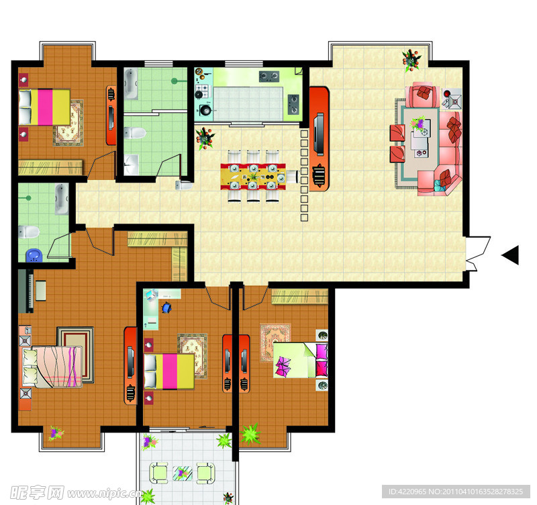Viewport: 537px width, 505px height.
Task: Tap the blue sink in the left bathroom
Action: tap(34, 255)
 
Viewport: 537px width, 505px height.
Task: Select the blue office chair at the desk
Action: tap(166, 308)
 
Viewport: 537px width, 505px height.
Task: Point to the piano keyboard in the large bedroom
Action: tap(26, 291)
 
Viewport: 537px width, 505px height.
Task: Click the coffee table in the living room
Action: tap(421, 138)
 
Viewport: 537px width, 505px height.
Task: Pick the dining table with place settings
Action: tap(253, 177)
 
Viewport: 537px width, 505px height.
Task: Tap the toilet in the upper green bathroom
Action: tap(135, 133)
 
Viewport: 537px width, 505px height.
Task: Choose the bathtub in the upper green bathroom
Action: tap(131, 84)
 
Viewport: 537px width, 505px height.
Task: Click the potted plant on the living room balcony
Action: tap(411, 60)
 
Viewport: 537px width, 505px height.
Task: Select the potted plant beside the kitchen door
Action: tap(205, 138)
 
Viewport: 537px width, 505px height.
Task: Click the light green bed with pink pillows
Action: tap(300, 361)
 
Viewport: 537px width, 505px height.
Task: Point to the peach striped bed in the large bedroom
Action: tap(52, 367)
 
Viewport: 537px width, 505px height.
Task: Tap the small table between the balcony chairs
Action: tap(182, 473)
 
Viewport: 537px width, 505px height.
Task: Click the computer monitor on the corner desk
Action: tap(150, 295)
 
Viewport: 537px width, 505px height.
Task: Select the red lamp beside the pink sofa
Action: tap(447, 93)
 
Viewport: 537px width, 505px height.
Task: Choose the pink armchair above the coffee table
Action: tap(423, 94)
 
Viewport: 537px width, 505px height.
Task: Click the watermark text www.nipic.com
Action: tap(105, 494)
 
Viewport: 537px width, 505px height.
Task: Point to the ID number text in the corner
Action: tap(456, 492)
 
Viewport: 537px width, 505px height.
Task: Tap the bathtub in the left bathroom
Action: tap(61, 199)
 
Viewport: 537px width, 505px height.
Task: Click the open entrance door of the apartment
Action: tap(478, 253)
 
